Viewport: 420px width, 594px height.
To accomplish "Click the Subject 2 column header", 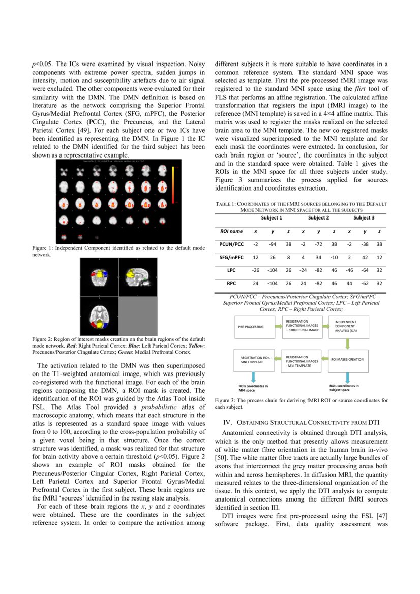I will [318, 218].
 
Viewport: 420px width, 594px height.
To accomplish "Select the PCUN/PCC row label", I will [231, 244].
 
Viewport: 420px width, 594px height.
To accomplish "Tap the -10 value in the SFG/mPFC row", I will [334, 257].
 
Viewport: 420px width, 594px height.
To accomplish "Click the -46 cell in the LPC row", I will [349, 270].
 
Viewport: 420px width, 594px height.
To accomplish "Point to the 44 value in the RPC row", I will [349, 283].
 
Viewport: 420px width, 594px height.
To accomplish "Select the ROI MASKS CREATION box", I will [347, 359].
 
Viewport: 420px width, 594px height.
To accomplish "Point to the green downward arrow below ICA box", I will [347, 343].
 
